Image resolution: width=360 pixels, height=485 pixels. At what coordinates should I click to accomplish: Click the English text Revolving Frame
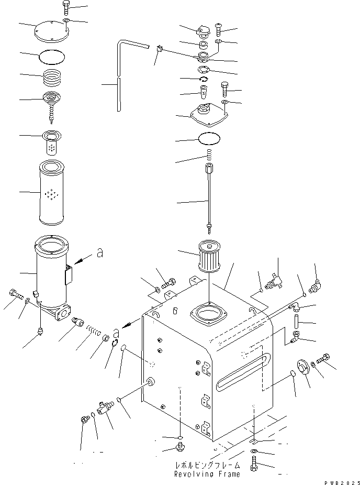click(208, 474)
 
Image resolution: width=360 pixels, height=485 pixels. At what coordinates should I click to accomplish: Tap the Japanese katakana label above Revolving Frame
click(208, 465)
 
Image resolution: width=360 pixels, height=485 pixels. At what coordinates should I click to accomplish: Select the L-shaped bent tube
click(120, 73)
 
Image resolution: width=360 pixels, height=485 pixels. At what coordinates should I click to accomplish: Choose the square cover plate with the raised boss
click(210, 115)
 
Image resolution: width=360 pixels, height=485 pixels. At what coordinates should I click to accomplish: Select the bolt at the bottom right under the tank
click(254, 466)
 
